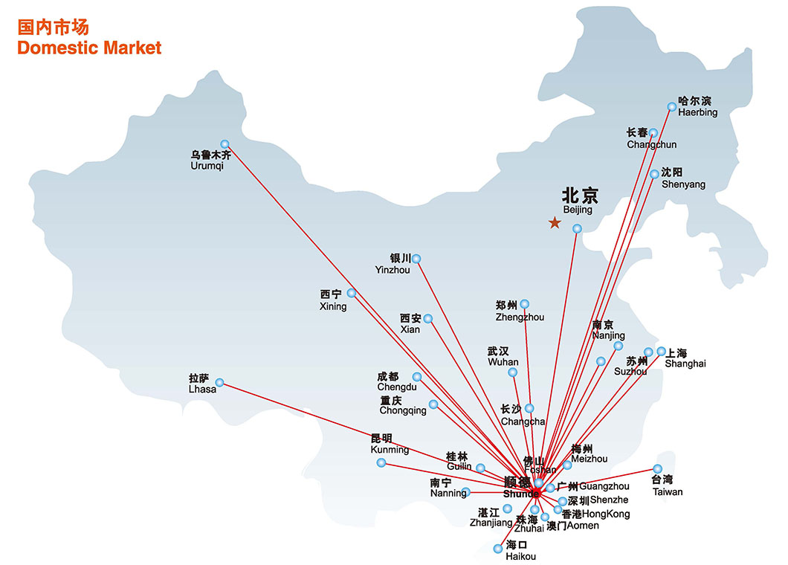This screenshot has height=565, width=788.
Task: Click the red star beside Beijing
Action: click(x=554, y=222)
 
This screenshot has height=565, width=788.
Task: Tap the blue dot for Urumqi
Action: click(x=225, y=144)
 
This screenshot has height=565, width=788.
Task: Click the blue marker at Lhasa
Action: click(x=219, y=384)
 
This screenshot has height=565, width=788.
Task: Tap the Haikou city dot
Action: click(x=500, y=549)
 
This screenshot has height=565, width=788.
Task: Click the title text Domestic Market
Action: click(x=89, y=48)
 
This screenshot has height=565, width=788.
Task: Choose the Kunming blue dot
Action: click(x=381, y=462)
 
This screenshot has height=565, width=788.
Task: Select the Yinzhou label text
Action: click(x=393, y=270)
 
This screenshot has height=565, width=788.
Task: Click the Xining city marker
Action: click(x=352, y=293)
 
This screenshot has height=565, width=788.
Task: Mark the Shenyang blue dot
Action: click(x=654, y=174)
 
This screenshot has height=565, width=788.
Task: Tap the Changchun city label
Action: click(x=651, y=144)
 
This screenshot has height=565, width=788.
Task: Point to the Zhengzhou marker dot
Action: click(x=525, y=303)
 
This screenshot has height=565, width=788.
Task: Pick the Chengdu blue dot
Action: click(x=417, y=377)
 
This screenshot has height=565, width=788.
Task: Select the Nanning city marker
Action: click(x=465, y=492)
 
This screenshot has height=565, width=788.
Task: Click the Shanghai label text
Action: click(x=685, y=364)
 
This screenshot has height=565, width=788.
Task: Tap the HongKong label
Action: click(x=605, y=514)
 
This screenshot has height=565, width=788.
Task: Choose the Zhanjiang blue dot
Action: click(x=508, y=508)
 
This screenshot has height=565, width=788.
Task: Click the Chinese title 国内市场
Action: click(x=54, y=28)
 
